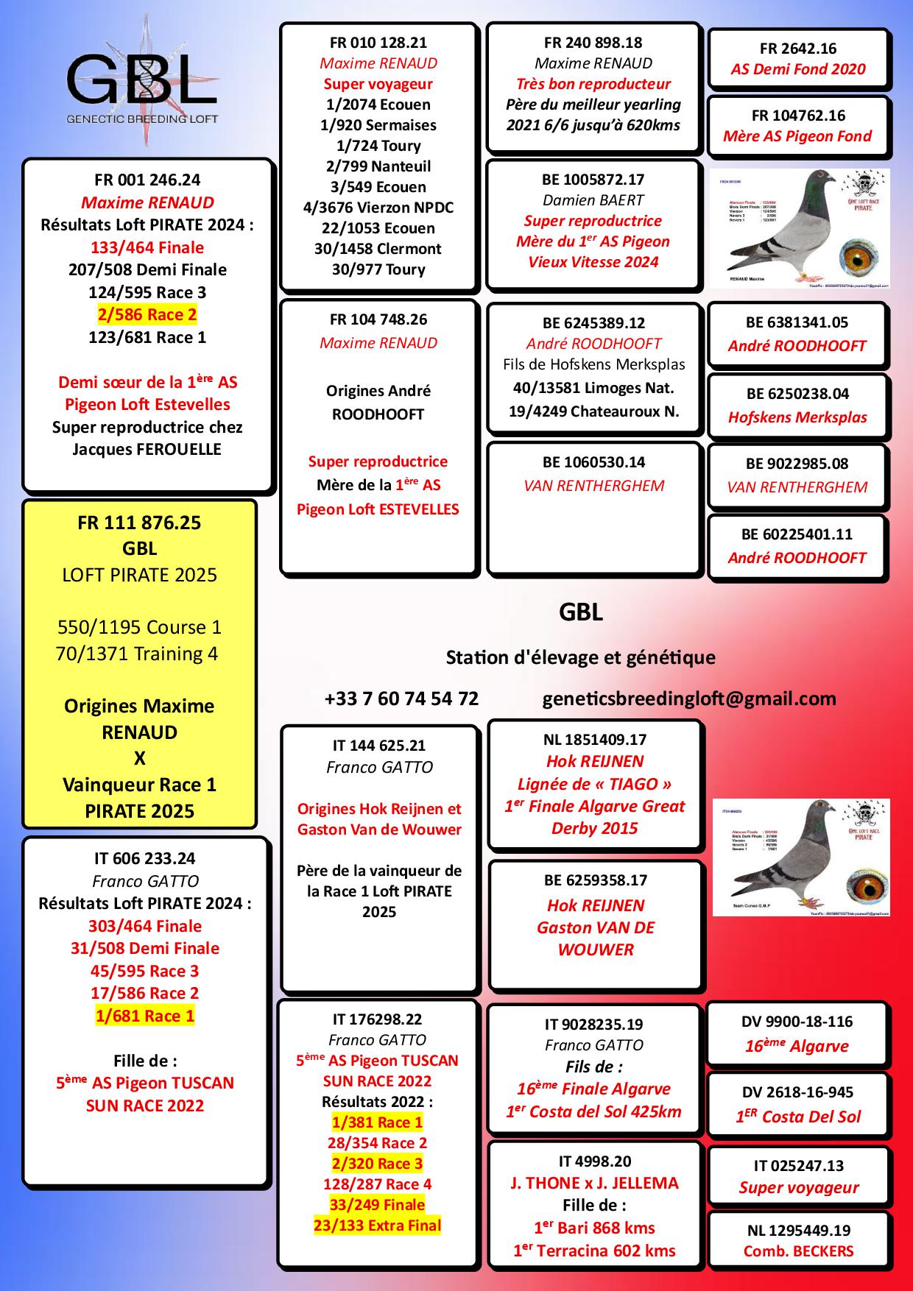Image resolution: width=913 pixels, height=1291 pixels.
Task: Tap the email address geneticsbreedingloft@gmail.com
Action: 689,698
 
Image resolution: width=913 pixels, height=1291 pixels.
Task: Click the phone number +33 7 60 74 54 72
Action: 401,698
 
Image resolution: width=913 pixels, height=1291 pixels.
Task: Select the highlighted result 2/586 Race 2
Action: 147,315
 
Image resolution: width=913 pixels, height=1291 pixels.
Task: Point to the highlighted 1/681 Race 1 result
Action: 145,1016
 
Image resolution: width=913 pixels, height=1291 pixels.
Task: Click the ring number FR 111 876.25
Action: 139,523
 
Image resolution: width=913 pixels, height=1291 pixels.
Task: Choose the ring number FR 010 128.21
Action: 378,43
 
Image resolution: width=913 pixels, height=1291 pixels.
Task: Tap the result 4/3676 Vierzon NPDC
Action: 378,208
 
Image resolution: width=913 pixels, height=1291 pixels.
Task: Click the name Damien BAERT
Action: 593,200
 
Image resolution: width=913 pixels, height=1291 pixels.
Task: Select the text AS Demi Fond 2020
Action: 798,69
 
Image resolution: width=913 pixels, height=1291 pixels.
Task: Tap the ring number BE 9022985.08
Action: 797,464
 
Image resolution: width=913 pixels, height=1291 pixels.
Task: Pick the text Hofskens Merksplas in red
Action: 798,417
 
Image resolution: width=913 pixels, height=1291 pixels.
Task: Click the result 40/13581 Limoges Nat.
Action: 593,388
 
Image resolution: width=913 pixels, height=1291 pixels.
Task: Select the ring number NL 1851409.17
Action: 594,740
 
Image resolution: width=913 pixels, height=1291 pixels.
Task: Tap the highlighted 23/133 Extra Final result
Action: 378,1225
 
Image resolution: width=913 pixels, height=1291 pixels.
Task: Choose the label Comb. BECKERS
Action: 798,1251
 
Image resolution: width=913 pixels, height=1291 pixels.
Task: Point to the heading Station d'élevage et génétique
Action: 580,657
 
